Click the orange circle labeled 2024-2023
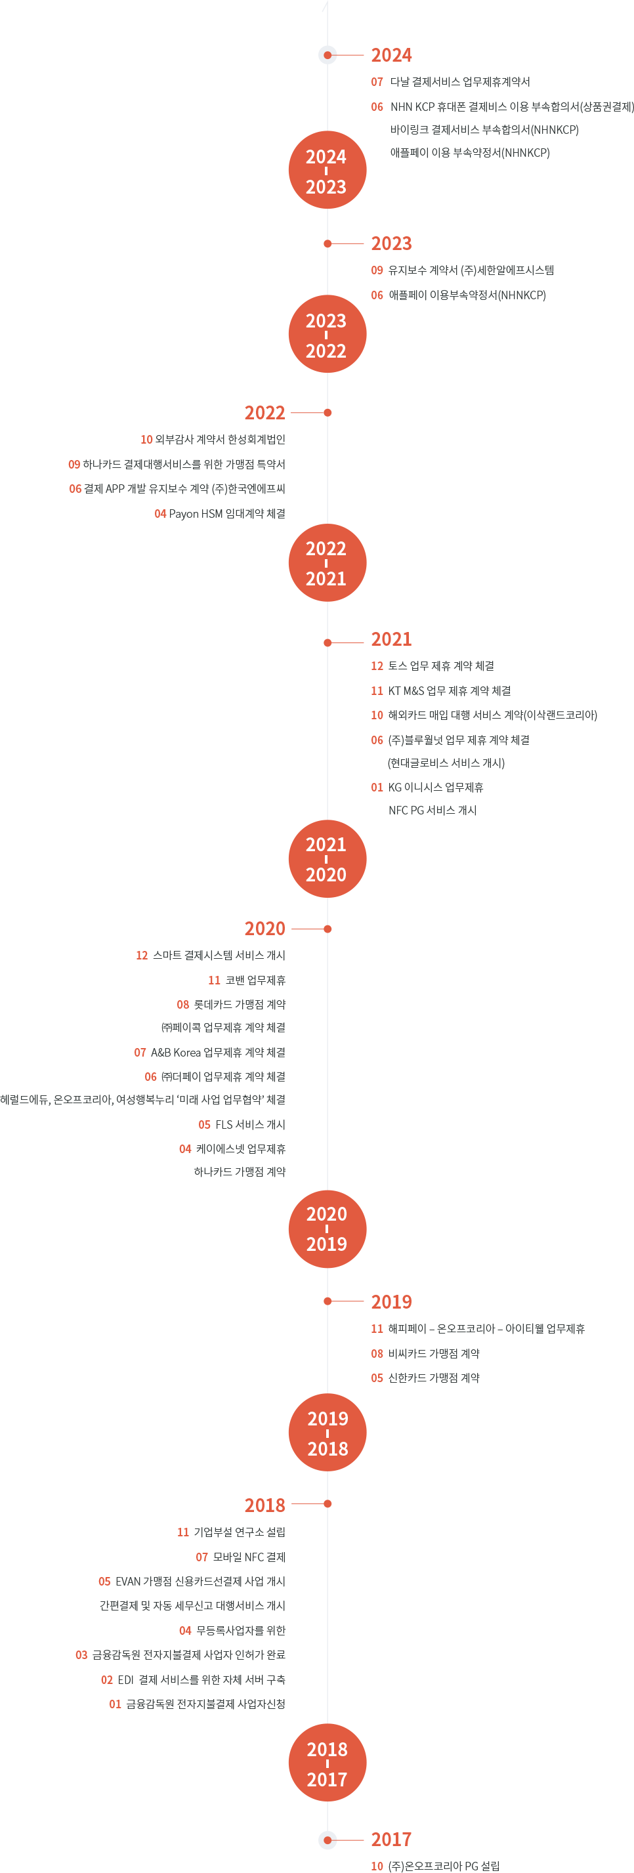point(328,170)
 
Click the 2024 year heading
point(391,55)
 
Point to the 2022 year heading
point(264,413)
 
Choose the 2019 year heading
point(391,1301)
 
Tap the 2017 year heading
point(391,1840)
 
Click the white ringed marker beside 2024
point(328,55)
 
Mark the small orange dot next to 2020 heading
point(328,929)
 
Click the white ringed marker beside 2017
point(328,1840)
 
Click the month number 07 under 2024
point(377,82)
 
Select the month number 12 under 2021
point(377,666)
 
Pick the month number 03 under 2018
point(81,1655)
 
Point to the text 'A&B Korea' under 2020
point(175,1052)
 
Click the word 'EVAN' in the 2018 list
point(127,1582)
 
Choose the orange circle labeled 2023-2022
point(328,335)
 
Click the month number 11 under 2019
point(377,1329)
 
